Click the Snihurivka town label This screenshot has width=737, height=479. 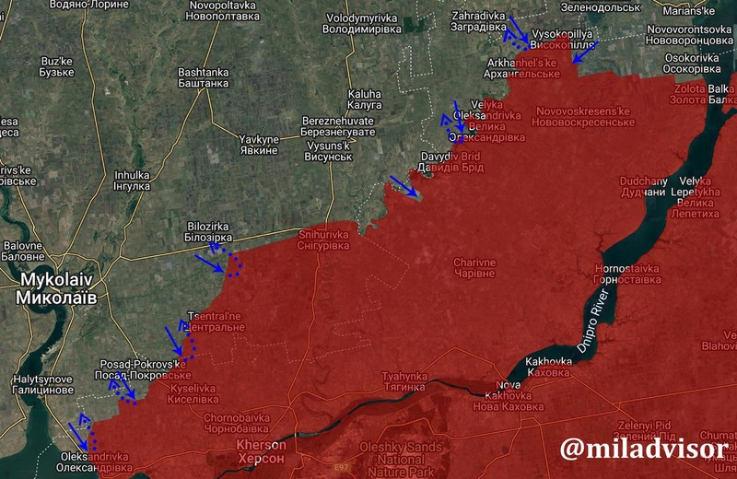323,240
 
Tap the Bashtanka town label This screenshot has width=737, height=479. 204,77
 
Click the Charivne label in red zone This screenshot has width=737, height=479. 474,267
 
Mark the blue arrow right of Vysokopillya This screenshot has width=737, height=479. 585,52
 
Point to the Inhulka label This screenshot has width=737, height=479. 132,180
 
